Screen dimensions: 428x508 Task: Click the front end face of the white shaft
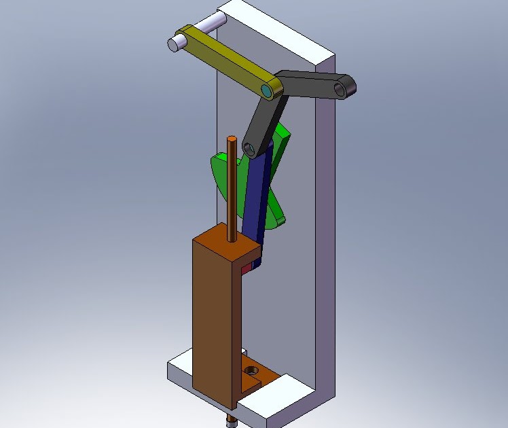pos(173,44)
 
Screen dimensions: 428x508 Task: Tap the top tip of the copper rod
pos(232,139)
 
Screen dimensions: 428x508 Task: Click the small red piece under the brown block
pos(246,270)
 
